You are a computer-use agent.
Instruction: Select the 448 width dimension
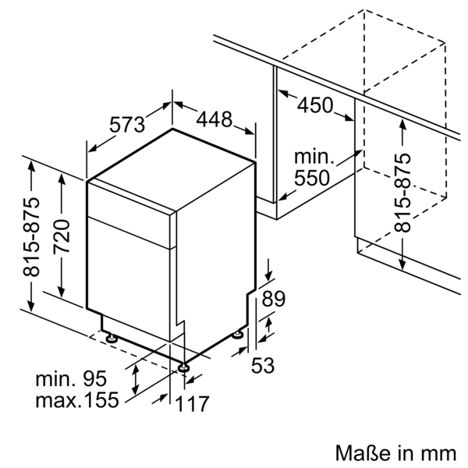[214, 119]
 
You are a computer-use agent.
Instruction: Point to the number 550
[311, 178]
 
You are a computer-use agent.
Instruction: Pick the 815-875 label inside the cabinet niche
[402, 191]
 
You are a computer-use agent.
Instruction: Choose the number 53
[262, 364]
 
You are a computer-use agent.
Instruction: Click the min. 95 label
[71, 380]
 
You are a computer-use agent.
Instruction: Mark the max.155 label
[76, 401]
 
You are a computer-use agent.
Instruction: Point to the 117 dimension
[193, 405]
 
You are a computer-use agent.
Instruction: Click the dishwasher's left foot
[113, 339]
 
